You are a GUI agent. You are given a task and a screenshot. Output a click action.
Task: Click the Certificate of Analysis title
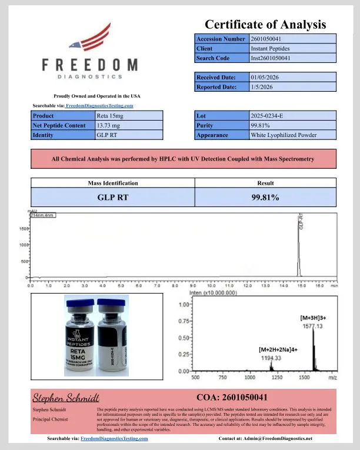(265, 24)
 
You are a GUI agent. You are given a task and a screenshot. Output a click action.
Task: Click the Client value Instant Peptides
(269, 48)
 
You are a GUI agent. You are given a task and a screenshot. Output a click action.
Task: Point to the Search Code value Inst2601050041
(271, 58)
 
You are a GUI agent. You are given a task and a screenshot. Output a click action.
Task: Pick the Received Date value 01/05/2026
(266, 77)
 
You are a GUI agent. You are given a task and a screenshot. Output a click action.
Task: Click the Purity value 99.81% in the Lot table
(259, 125)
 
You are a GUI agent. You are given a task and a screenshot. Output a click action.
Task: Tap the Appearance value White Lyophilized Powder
(284, 135)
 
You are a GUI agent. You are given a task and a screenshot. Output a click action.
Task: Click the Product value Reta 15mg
(110, 116)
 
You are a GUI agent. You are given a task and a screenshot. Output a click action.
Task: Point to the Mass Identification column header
(112, 183)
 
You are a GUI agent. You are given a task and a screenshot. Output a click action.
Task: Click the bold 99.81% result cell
(265, 197)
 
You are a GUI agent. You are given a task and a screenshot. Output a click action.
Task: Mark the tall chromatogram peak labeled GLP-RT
(298, 247)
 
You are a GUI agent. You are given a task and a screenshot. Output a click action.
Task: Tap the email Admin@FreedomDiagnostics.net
(282, 438)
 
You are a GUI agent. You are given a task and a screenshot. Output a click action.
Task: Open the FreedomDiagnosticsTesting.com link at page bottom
(114, 438)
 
